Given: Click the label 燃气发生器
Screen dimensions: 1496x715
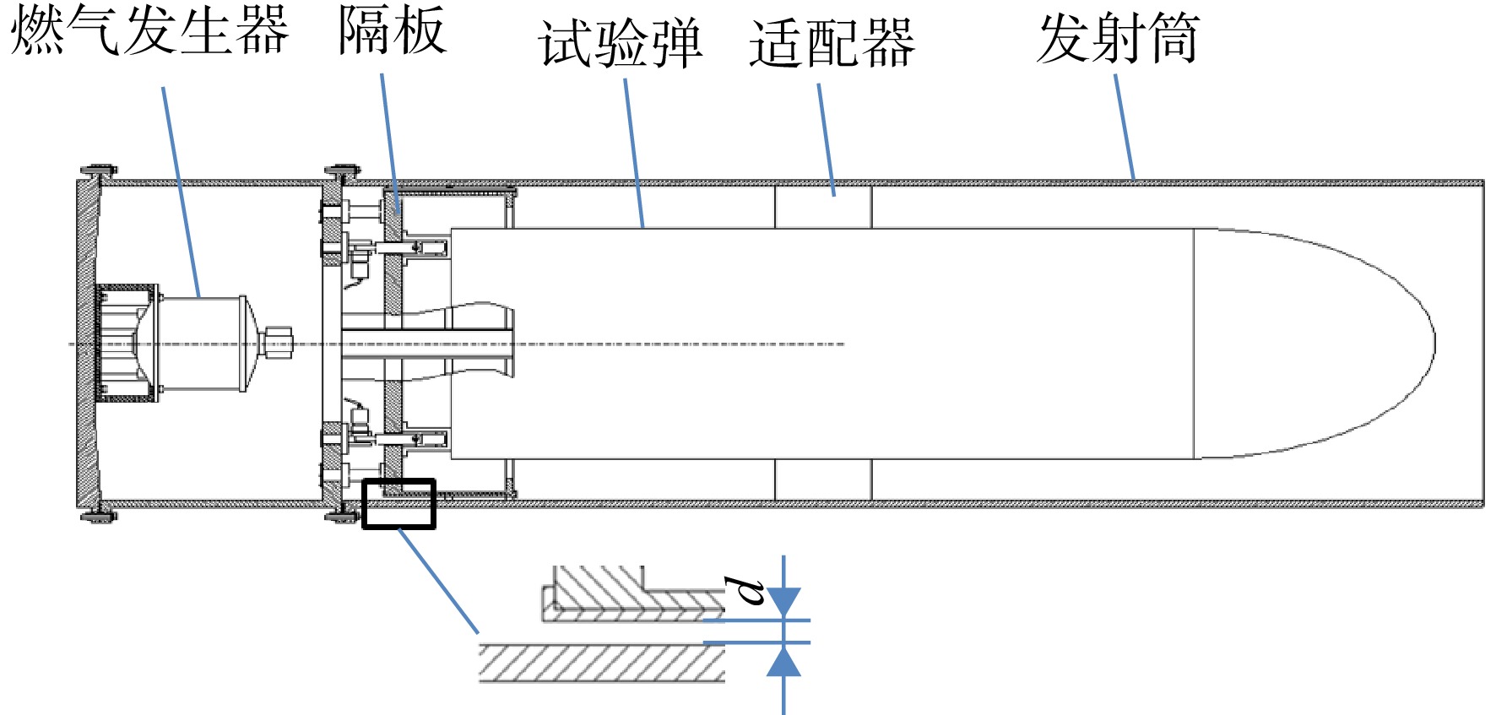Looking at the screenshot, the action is point(149,30).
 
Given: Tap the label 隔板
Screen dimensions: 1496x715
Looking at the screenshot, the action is point(392,30).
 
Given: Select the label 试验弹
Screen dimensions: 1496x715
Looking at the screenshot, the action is point(621,43).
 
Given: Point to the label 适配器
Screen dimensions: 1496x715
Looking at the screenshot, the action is point(832,43).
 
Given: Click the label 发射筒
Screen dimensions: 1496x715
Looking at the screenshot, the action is point(1118,38).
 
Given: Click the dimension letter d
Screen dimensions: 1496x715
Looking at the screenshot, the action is point(745,591).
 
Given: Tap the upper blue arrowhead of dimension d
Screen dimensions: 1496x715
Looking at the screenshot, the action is point(783,603).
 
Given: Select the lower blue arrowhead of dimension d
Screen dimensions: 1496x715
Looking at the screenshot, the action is point(783,661).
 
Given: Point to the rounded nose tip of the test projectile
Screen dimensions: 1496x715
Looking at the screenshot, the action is point(1434,344).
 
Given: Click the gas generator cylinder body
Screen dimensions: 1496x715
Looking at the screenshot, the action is point(201,344).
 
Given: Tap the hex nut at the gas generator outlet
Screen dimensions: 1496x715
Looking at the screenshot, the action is point(276,343).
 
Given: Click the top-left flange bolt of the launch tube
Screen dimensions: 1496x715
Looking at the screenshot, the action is point(99,172).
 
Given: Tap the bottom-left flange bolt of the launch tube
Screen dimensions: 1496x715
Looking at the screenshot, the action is point(99,514).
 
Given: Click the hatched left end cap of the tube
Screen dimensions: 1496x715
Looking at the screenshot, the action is point(88,344).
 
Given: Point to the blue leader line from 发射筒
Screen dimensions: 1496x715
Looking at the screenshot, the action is point(1125,127).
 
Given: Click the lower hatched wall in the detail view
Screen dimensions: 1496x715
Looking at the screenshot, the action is point(602,663).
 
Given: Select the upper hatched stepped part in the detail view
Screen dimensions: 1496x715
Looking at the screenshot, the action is point(633,594).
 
